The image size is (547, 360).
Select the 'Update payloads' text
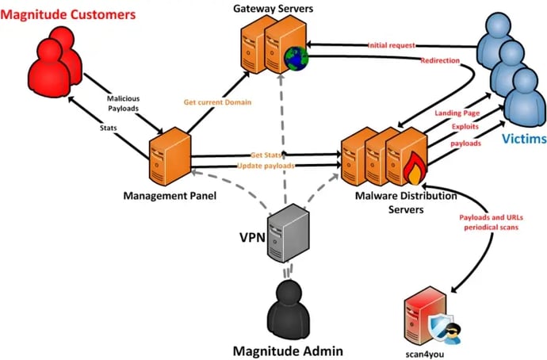click(x=266, y=166)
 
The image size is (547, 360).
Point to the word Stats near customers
click(x=110, y=126)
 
